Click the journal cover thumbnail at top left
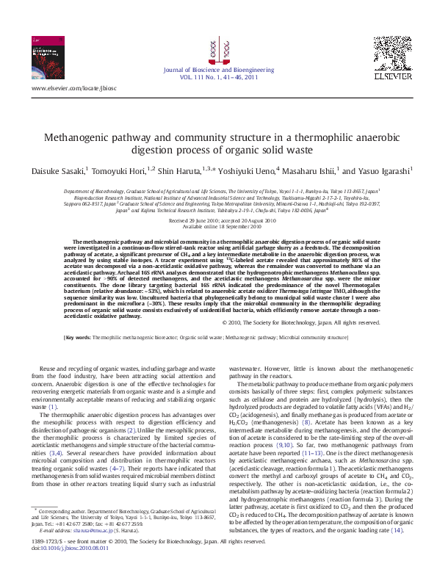point(48,57)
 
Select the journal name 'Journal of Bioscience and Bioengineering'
point(219,70)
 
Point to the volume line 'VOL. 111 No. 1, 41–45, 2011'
point(219,76)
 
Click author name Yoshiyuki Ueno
point(239,170)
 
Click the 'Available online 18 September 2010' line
point(218,226)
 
